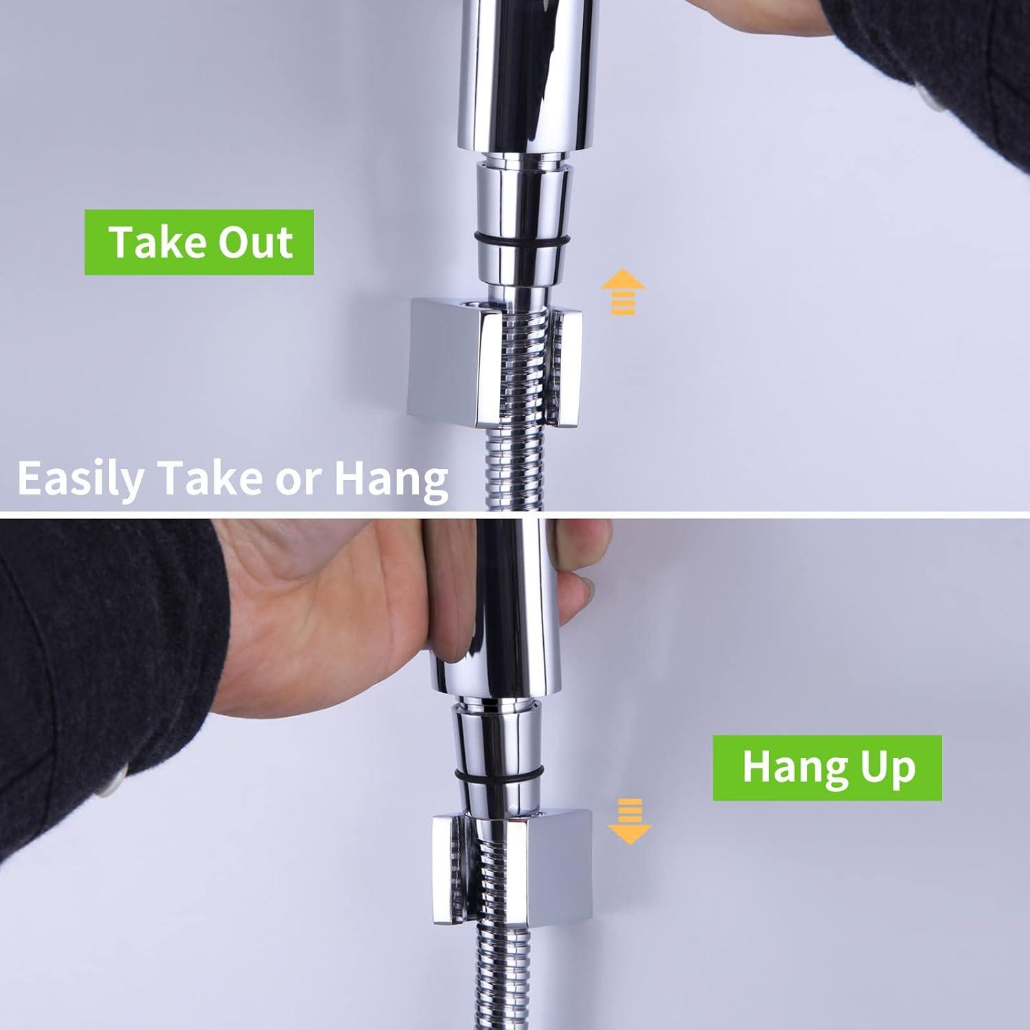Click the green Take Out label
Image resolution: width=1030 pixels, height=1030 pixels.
coord(199,242)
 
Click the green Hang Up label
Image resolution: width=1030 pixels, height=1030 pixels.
coord(827,768)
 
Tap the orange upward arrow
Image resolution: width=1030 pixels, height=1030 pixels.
coord(623,292)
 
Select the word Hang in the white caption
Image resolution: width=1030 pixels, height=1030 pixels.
coord(391,479)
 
